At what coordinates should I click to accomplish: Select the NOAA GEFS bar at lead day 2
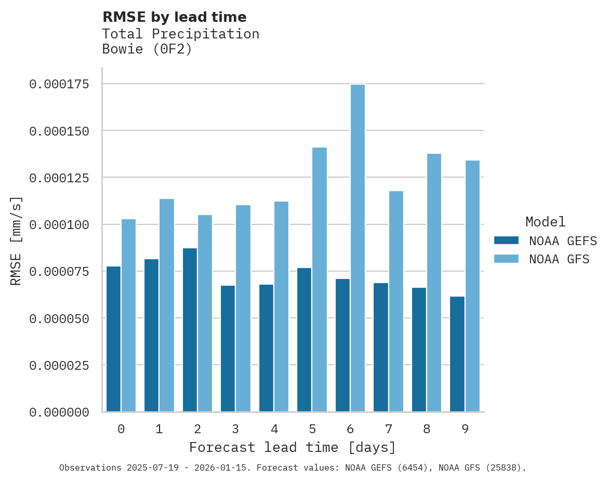[x=190, y=330]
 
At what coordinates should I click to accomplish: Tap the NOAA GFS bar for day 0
[x=128, y=315]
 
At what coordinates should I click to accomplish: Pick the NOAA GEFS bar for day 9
[x=457, y=354]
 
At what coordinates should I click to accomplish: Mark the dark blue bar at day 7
[x=381, y=347]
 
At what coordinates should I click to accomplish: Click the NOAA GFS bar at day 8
[x=434, y=283]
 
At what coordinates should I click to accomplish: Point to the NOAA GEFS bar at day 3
[x=228, y=349]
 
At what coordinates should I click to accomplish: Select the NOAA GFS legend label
[x=559, y=259]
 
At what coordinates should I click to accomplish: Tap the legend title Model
[x=545, y=222]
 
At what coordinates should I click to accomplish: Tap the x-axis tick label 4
[x=274, y=429]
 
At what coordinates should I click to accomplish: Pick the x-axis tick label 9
[x=465, y=429]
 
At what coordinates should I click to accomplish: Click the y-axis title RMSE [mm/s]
[x=16, y=240]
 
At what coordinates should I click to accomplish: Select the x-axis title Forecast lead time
[x=292, y=447]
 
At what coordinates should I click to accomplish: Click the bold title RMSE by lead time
[x=174, y=17]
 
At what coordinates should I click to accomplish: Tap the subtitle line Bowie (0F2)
[x=147, y=49]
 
